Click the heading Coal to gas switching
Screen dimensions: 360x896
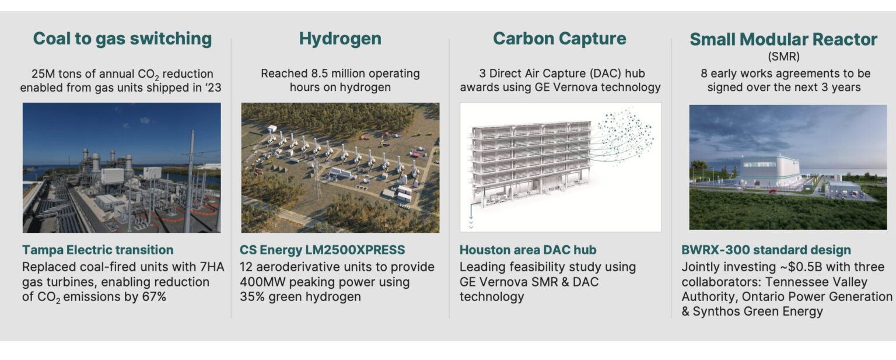122,39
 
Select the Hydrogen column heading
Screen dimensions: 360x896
340,39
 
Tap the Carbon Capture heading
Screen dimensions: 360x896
559,39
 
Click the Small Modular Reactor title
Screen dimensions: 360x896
783,39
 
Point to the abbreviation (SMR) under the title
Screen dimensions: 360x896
783,57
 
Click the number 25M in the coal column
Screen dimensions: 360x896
45,74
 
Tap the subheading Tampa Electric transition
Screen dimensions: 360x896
97,250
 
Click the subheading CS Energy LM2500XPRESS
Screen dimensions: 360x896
322,250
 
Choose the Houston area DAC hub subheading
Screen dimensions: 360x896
527,250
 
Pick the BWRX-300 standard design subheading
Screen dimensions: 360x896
766,250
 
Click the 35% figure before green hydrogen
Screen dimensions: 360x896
253,296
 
